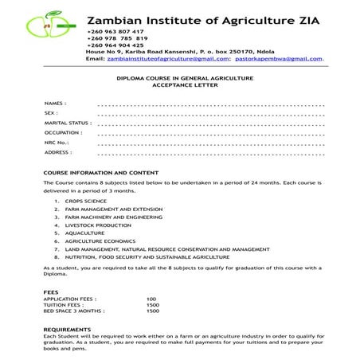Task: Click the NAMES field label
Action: (55, 104)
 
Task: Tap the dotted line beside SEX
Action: (210, 114)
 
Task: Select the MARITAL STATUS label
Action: (68, 123)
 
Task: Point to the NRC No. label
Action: (57, 143)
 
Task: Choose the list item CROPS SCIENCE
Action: (86, 202)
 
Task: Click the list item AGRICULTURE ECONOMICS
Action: (100, 241)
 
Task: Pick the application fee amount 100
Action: (151, 299)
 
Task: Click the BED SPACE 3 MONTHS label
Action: (74, 311)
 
